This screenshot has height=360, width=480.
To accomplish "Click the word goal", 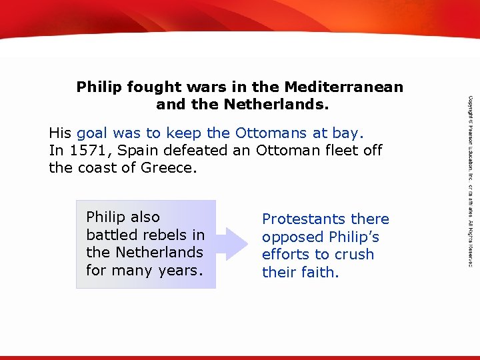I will (95, 133).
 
